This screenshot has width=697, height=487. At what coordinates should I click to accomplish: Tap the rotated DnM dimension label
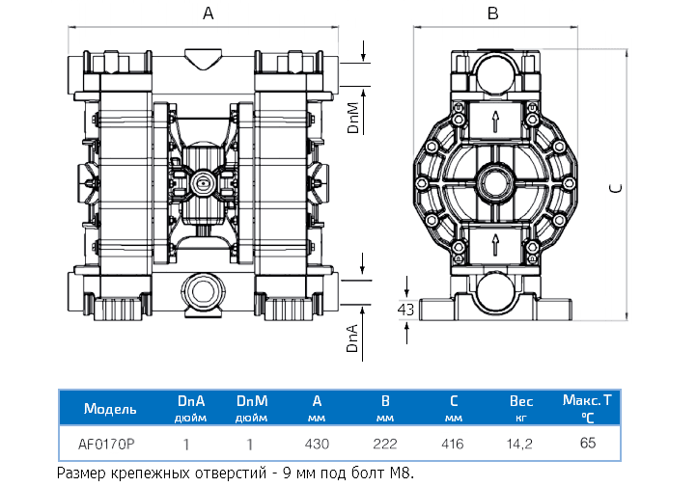[x=353, y=116]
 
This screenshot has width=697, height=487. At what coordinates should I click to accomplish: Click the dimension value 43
[x=406, y=310]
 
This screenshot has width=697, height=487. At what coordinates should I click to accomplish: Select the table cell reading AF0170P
[x=106, y=445]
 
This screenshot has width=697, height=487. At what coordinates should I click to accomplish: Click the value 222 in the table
[x=385, y=445]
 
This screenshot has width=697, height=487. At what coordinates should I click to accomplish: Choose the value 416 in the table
[x=452, y=445]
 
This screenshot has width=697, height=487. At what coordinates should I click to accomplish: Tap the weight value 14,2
[x=521, y=445]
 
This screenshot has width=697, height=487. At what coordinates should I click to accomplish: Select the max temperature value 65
[x=588, y=444]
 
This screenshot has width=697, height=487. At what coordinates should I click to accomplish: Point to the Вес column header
[x=521, y=400]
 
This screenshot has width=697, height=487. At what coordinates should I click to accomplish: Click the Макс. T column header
[x=588, y=398]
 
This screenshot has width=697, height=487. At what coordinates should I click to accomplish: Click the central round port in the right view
[x=494, y=181]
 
